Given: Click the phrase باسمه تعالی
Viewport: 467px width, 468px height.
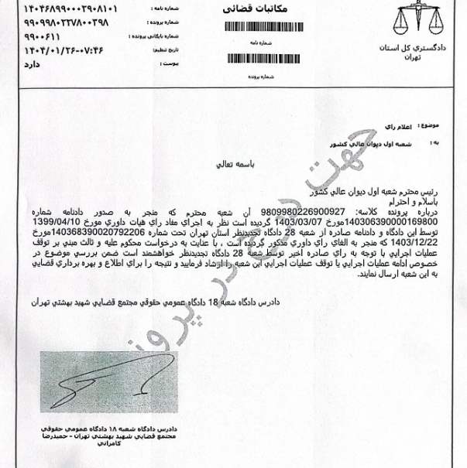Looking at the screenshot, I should (x=255, y=166).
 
